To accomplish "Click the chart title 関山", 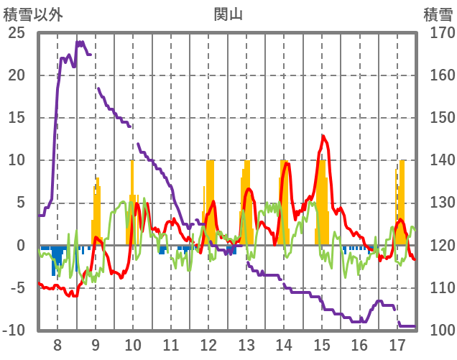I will pos(228,13).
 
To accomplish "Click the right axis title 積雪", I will pos(437,13).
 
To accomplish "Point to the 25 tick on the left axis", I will pos(17,33).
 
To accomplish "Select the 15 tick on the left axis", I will pos(17,118).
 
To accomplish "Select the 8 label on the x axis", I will pos(57,343).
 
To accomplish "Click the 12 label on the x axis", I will pos(209,343).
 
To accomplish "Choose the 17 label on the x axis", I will pos(397,343).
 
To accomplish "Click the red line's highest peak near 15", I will pos(323,136).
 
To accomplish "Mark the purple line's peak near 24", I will pos(79,42).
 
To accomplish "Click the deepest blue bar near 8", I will pos(53,262).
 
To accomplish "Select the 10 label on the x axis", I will pos(133,343).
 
